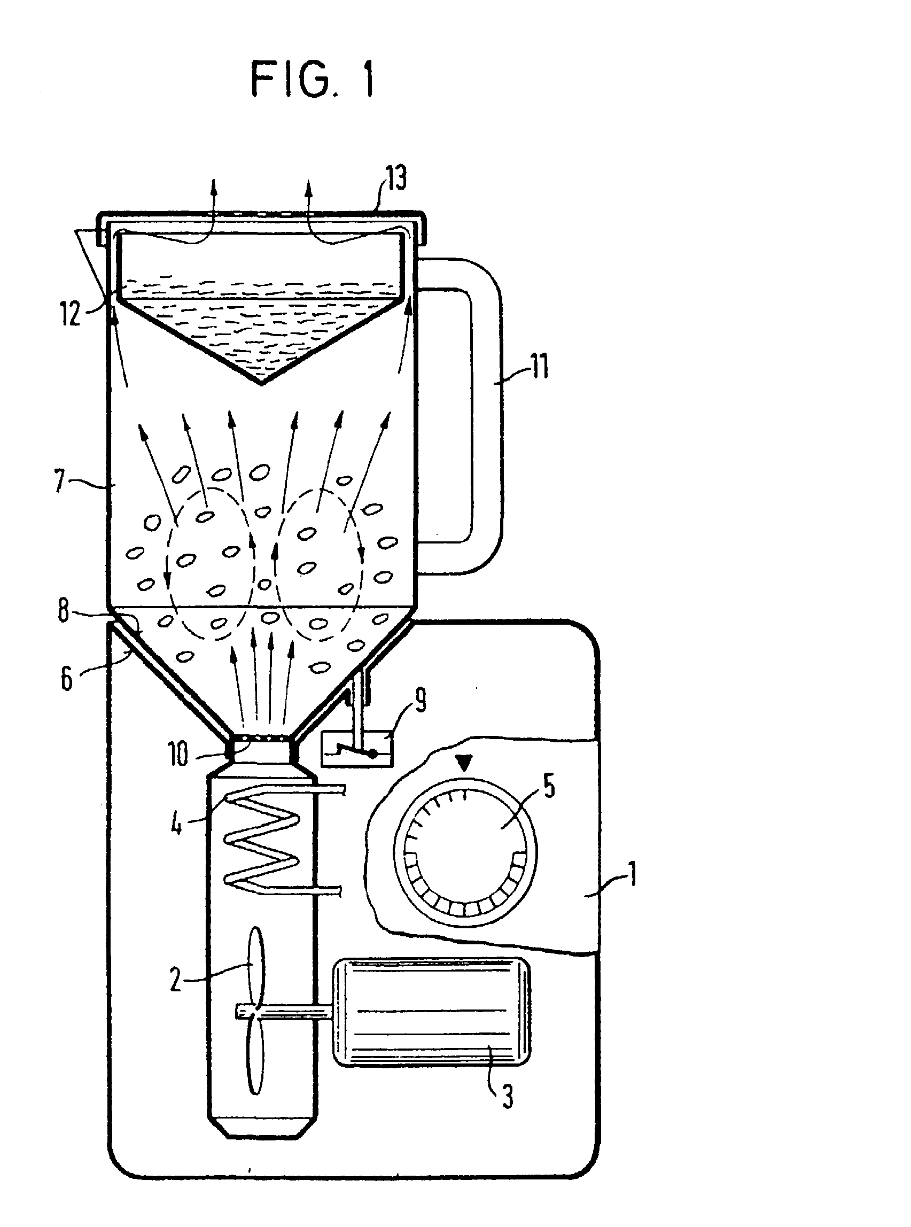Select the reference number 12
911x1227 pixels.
[71, 314]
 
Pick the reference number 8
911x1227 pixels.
[64, 610]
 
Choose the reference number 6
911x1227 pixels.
[66, 678]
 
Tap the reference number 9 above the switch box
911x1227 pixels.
[420, 703]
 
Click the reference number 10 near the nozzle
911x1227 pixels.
[178, 755]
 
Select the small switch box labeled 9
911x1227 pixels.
[357, 749]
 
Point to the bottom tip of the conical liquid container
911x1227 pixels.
[261, 384]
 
